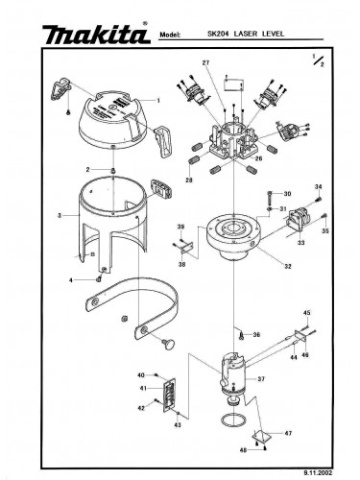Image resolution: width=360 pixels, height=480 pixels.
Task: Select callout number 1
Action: tap(156, 100)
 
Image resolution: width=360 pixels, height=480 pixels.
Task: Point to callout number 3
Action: tap(60, 216)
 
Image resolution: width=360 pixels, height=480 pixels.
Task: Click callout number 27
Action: tap(205, 62)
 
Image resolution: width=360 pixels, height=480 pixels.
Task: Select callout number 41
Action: tap(141, 388)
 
